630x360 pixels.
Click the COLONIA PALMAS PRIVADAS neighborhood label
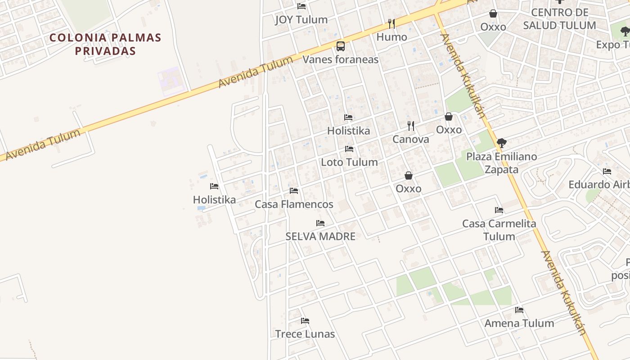coord(105,44)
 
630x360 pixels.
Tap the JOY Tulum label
coord(301,20)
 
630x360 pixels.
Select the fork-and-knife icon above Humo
coord(391,23)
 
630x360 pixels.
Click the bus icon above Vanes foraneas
coord(341,46)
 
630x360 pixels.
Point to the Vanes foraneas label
coord(340,59)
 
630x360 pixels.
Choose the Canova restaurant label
coord(410,139)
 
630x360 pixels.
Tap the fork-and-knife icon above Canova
coord(410,126)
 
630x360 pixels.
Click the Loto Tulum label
coord(349,162)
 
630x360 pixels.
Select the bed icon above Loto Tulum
coord(349,149)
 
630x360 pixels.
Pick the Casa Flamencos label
coord(294,204)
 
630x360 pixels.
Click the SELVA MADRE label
coord(320,236)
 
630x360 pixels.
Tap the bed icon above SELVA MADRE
coord(320,223)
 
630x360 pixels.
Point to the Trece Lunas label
coord(305,334)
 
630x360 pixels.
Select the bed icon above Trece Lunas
coord(305,321)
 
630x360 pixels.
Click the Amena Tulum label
coord(519,323)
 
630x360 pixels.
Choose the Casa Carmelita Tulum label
coord(499,230)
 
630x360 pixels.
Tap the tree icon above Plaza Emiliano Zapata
coord(501,143)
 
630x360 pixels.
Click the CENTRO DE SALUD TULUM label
coord(560,19)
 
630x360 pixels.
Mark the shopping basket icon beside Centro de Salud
coord(493,13)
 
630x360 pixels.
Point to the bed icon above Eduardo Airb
coord(607,171)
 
